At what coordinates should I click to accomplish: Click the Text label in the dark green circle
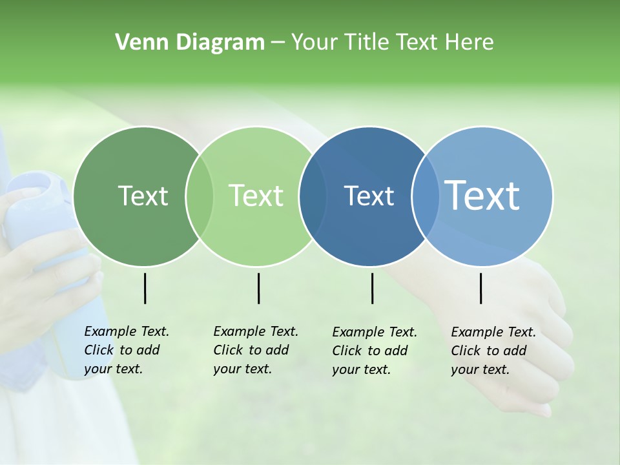pyautogui.click(x=143, y=196)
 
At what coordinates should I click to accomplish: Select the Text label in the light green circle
pyautogui.click(x=256, y=196)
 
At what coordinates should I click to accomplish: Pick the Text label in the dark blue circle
pyautogui.click(x=369, y=196)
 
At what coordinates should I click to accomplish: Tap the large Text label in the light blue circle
pyautogui.click(x=482, y=195)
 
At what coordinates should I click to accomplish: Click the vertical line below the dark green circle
pyautogui.click(x=145, y=288)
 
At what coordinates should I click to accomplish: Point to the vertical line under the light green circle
pyautogui.click(x=258, y=288)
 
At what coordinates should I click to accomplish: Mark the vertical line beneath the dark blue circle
pyautogui.click(x=372, y=288)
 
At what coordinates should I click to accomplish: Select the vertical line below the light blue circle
pyautogui.click(x=480, y=288)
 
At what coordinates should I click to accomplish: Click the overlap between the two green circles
pyautogui.click(x=200, y=196)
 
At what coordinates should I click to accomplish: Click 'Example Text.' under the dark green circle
pyautogui.click(x=127, y=331)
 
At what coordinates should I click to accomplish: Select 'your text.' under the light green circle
pyautogui.click(x=242, y=369)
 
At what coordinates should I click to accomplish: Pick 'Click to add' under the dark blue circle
pyautogui.click(x=369, y=351)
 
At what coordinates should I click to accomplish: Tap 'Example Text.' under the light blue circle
pyautogui.click(x=493, y=332)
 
